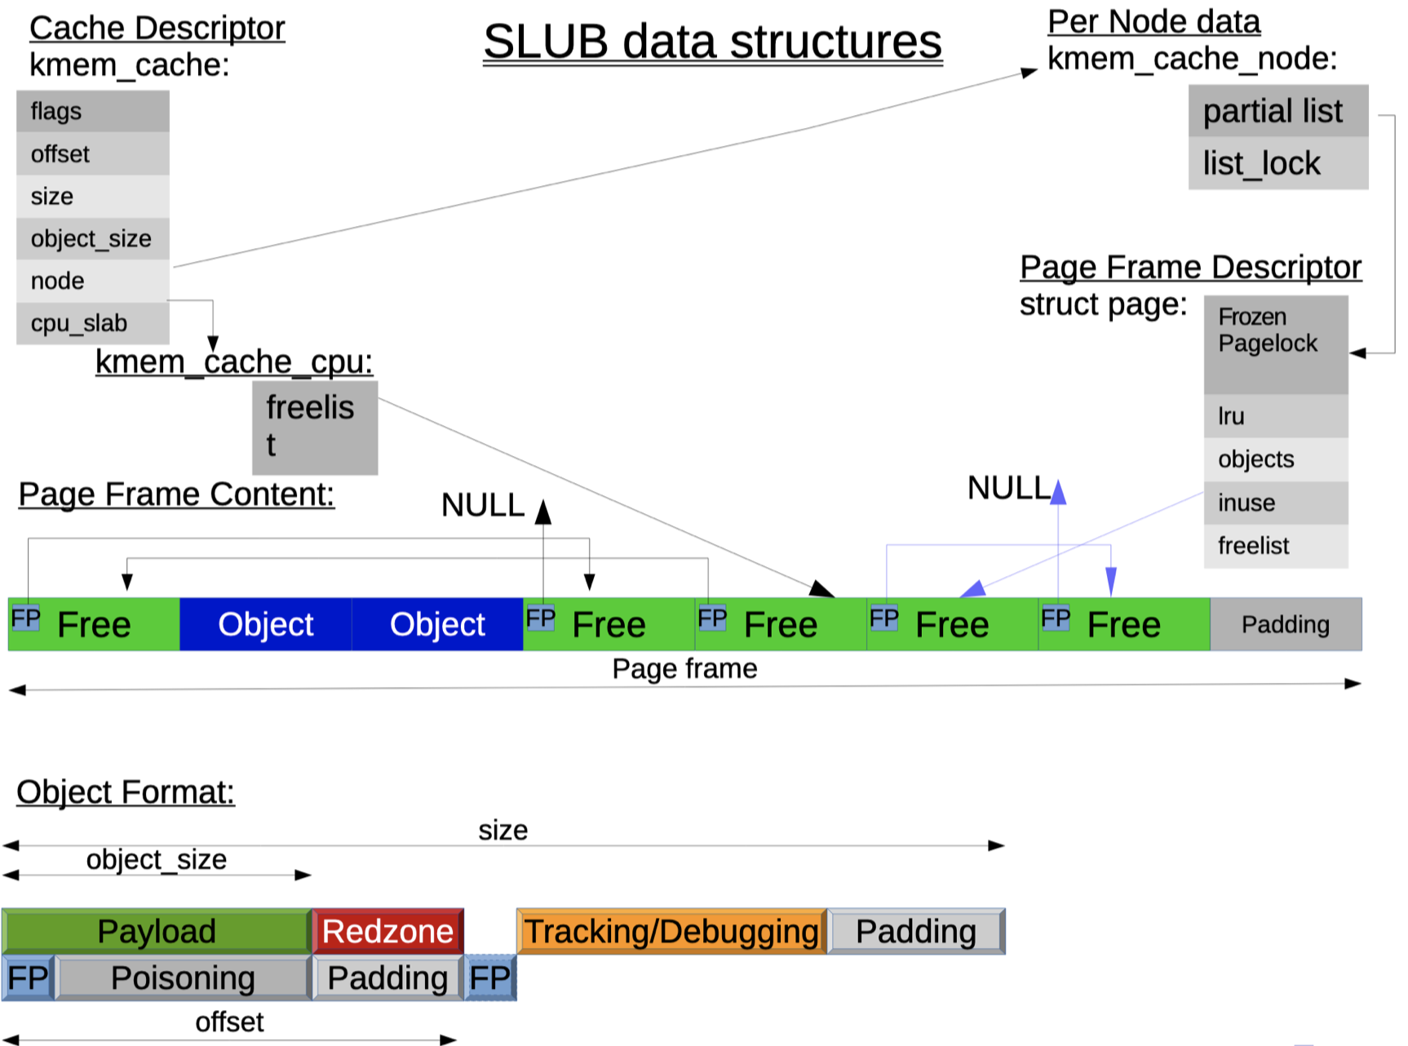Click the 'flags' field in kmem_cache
pyautogui.click(x=92, y=111)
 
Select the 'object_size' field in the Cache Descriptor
pyautogui.click(x=92, y=238)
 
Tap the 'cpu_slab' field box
pyautogui.click(x=92, y=323)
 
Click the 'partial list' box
pyautogui.click(x=1277, y=111)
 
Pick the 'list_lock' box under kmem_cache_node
pyautogui.click(x=1277, y=163)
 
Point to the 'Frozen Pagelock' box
pyautogui.click(x=1275, y=344)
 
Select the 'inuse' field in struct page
pyautogui.click(x=1275, y=503)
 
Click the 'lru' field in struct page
pyautogui.click(x=1275, y=416)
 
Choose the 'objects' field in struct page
pyautogui.click(x=1275, y=459)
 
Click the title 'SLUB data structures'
pyautogui.click(x=712, y=42)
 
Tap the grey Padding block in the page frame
pyautogui.click(x=1286, y=624)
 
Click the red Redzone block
pyautogui.click(x=387, y=931)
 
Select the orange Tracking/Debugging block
pyautogui.click(x=671, y=931)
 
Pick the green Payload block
pyautogui.click(x=157, y=931)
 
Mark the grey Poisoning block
pyautogui.click(x=183, y=977)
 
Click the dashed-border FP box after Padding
pyautogui.click(x=490, y=977)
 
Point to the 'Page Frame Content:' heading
pyautogui.click(x=176, y=494)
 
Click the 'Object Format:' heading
pyautogui.click(x=126, y=792)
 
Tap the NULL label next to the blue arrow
pyautogui.click(x=1008, y=488)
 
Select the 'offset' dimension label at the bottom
pyautogui.click(x=229, y=1022)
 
